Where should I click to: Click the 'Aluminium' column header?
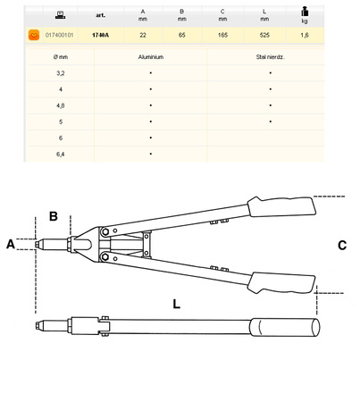click(x=151, y=55)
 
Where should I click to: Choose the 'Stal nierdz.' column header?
click(x=269, y=55)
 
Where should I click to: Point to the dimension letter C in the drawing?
click(x=342, y=245)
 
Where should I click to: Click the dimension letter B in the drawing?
click(x=53, y=216)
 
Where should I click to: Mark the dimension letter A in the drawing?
click(x=11, y=243)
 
